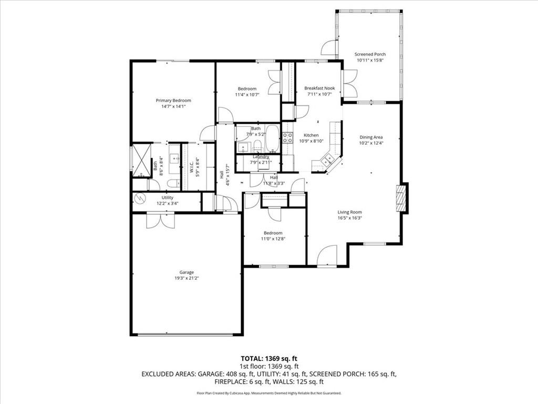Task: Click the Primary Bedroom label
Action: (173, 100)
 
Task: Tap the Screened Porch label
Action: (370, 54)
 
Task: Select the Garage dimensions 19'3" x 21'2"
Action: (187, 278)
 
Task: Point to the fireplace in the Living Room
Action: (402, 198)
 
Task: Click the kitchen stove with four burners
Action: (287, 138)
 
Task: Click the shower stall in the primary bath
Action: (141, 160)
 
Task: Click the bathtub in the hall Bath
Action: (273, 139)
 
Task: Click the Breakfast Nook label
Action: (319, 88)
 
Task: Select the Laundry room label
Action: (261, 157)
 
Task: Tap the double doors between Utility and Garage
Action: (160, 220)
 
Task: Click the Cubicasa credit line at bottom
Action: (268, 393)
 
